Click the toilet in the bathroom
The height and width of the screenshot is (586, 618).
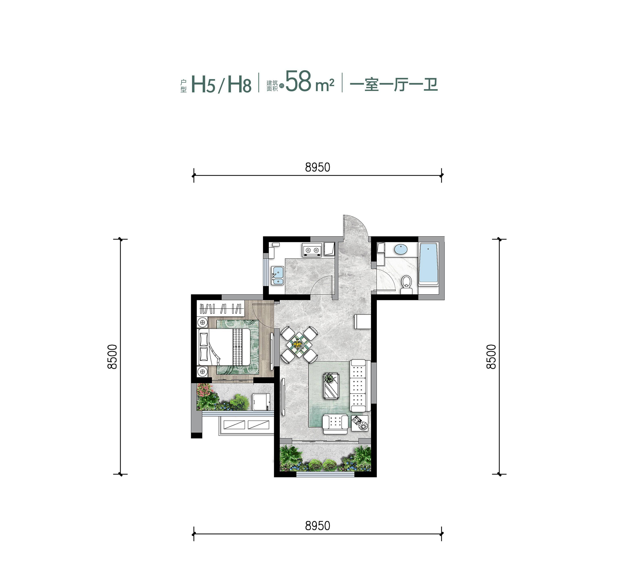(406, 284)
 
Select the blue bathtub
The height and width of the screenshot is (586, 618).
(428, 263)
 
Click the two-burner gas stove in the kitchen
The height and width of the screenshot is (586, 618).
(312, 250)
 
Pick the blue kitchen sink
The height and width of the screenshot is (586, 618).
(277, 275)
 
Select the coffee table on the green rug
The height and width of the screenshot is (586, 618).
(331, 386)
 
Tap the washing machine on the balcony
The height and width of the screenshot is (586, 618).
(261, 402)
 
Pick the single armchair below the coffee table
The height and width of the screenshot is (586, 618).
(335, 424)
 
